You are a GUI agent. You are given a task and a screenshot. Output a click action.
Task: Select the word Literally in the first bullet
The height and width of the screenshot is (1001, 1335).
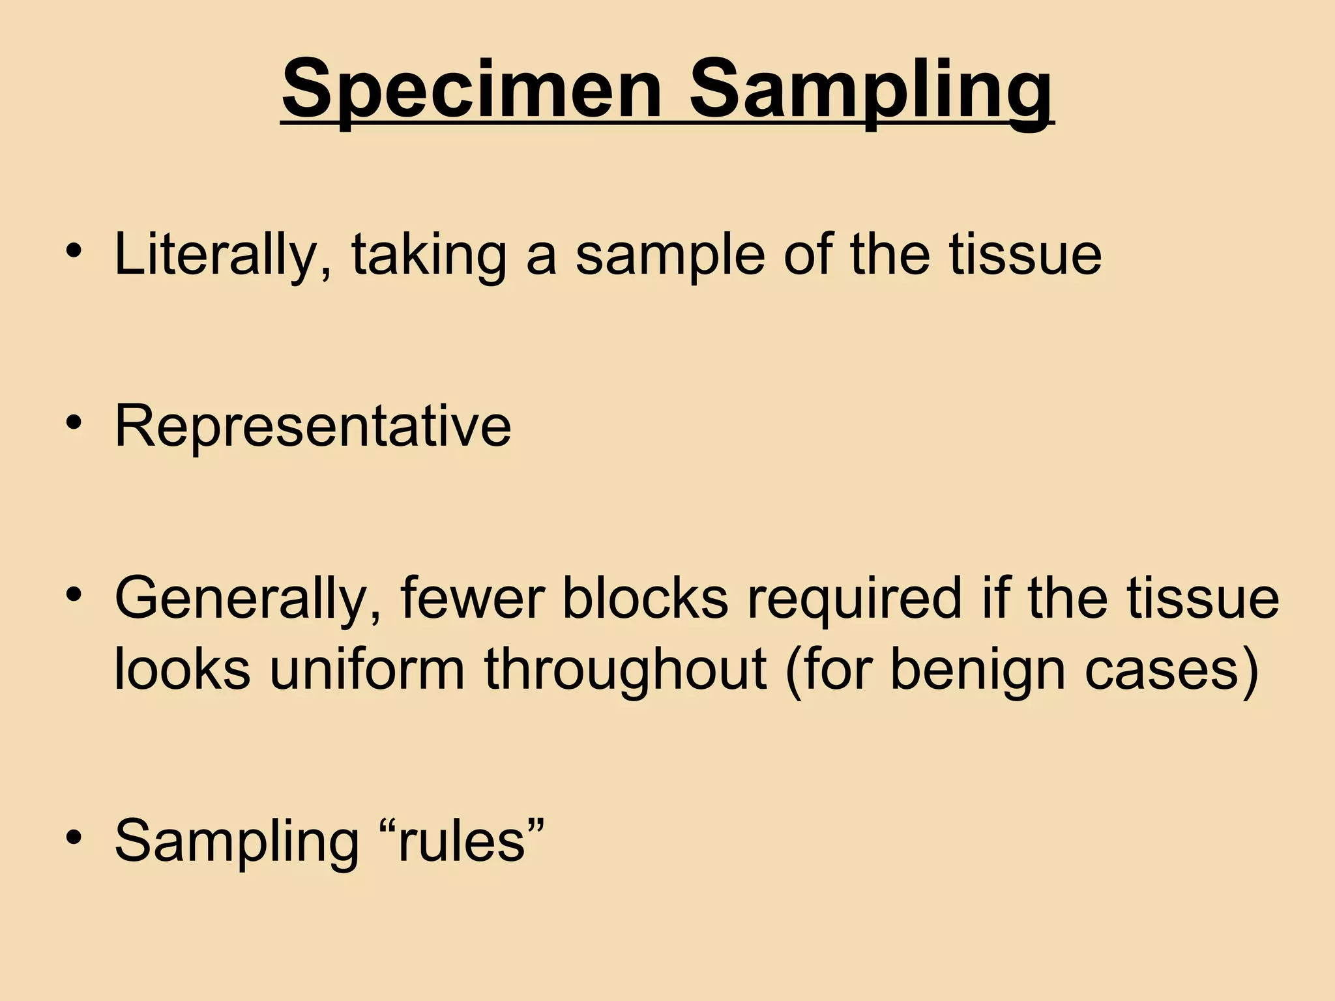tap(222, 255)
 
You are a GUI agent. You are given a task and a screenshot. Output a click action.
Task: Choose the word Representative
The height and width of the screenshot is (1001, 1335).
tap(313, 427)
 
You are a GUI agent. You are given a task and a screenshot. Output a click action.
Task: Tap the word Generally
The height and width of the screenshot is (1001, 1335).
tap(247, 599)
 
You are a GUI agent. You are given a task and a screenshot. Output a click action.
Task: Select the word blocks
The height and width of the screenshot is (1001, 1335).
tap(645, 599)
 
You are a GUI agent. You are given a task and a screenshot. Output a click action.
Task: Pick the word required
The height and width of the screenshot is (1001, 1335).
tap(855, 599)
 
